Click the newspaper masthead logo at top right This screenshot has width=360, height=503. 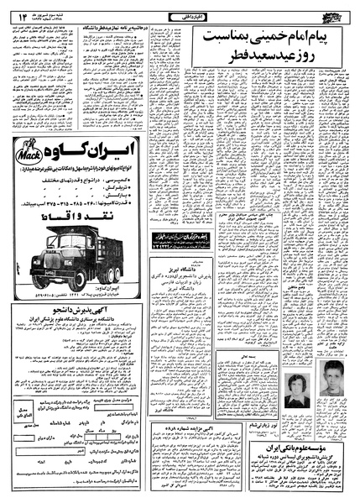click(x=331, y=13)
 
